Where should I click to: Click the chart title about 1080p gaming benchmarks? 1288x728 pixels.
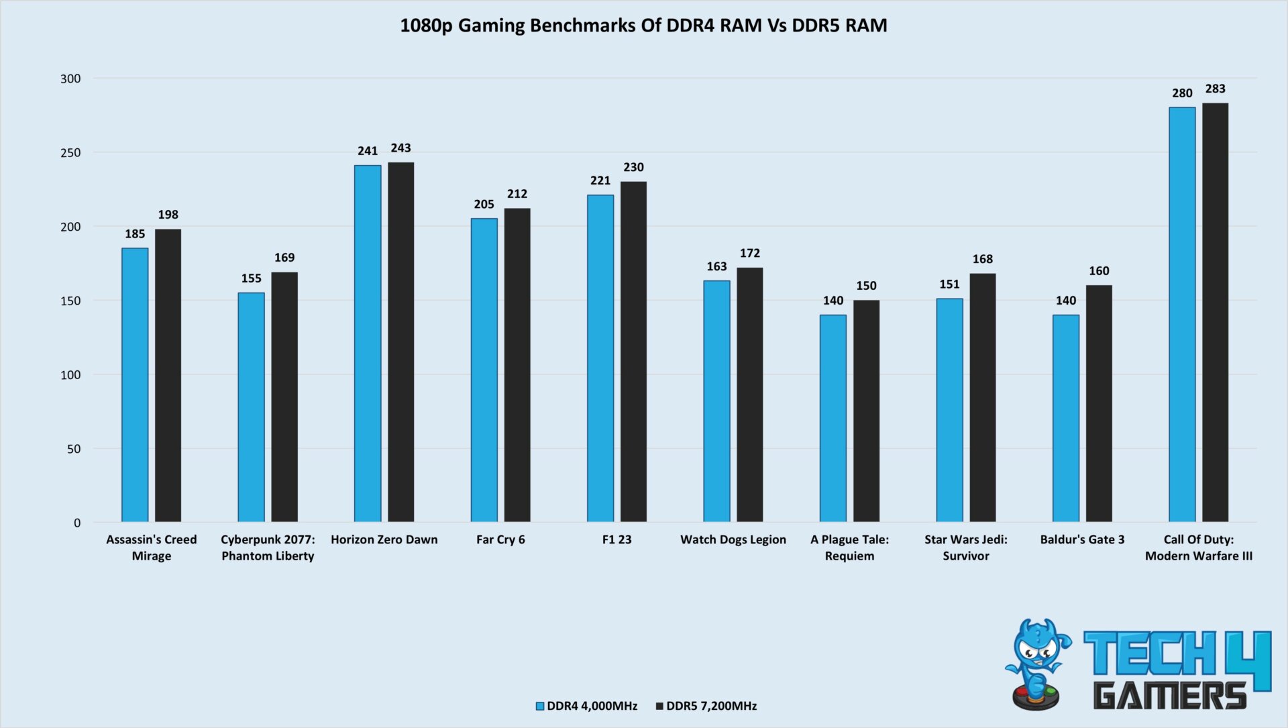click(643, 25)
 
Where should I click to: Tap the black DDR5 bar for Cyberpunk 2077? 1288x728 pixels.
click(284, 397)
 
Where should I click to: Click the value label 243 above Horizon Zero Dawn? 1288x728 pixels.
click(400, 148)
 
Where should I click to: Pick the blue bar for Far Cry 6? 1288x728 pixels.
click(484, 370)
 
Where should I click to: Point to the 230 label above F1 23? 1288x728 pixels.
click(633, 168)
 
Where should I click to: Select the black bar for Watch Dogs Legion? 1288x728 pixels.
click(749, 395)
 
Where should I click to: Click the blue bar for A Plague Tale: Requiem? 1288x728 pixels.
click(833, 418)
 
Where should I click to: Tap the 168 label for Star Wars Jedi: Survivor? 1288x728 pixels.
click(982, 259)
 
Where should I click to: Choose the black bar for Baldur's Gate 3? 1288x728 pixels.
click(1099, 403)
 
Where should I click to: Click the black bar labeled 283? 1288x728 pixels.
click(1215, 312)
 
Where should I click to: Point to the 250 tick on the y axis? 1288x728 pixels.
click(70, 153)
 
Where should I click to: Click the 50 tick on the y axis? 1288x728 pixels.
click(74, 449)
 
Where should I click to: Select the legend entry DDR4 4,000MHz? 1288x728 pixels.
click(586, 706)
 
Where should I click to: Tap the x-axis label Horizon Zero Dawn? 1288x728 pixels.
click(384, 539)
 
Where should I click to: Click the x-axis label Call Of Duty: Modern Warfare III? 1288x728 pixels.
click(1198, 548)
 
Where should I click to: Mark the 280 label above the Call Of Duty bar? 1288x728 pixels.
click(1182, 93)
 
